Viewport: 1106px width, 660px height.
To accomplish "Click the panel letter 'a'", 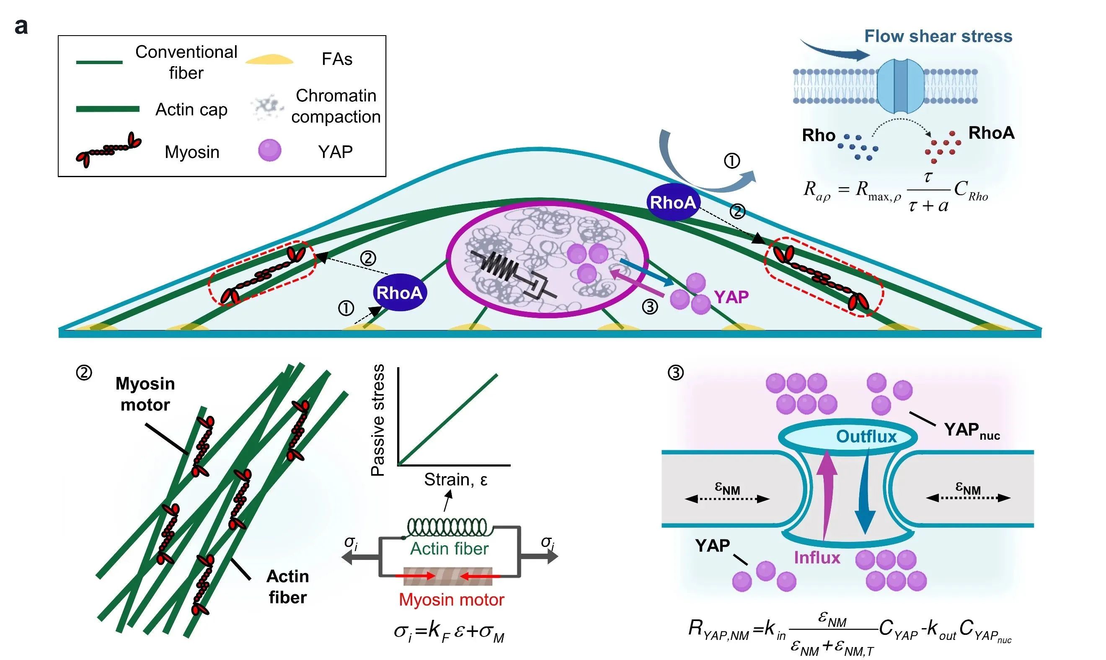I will tap(21, 27).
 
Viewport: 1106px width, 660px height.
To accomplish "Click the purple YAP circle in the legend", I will tap(270, 150).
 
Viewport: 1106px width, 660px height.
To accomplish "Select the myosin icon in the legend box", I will tap(108, 150).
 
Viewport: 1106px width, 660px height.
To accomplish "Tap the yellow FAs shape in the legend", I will tap(269, 59).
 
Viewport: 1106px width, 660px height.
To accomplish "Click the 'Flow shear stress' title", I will tap(938, 36).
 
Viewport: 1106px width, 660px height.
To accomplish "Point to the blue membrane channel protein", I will tap(900, 86).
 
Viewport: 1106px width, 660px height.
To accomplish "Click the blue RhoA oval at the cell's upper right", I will tap(673, 202).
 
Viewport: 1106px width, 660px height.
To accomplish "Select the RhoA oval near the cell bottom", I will tap(400, 293).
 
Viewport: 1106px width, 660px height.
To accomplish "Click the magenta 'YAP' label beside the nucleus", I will tap(731, 296).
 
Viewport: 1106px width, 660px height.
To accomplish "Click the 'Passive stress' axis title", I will tap(378, 420).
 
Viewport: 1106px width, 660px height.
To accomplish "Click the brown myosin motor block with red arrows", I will tap(447, 576).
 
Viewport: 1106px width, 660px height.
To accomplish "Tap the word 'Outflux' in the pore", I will tap(866, 436).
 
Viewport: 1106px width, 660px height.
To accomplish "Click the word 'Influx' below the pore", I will tap(817, 558).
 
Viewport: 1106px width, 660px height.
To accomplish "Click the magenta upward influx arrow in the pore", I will tap(827, 494).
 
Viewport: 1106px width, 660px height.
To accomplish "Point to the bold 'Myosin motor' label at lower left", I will tap(145, 394).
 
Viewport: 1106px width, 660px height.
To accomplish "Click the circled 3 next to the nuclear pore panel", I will tap(676, 372).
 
